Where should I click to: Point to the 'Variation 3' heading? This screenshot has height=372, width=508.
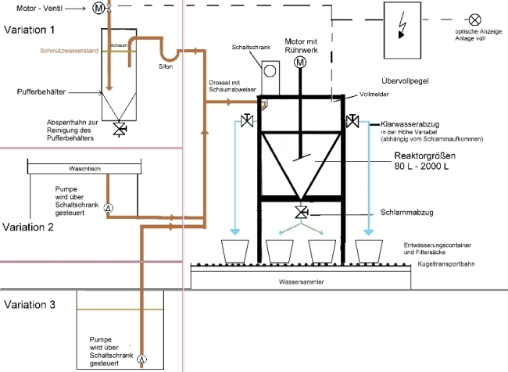pos(30,304)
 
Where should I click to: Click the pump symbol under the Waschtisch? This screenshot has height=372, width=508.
pos(109,207)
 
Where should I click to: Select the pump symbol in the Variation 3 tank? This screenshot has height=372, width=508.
pos(141,359)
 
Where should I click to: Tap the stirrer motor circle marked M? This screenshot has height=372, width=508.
pos(300,63)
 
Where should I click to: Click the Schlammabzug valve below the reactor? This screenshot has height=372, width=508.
pos(300,213)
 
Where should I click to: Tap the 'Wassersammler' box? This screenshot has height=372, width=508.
pos(300,281)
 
